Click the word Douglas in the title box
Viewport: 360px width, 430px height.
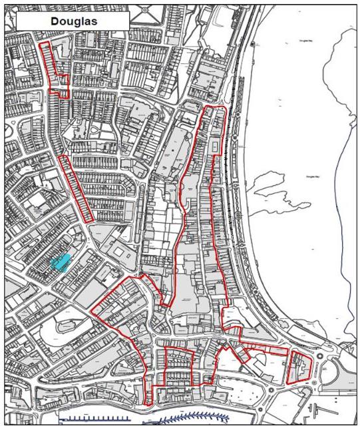(x=72, y=21)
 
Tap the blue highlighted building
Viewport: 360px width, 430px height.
(x=60, y=262)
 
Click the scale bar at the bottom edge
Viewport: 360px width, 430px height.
(x=93, y=419)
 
